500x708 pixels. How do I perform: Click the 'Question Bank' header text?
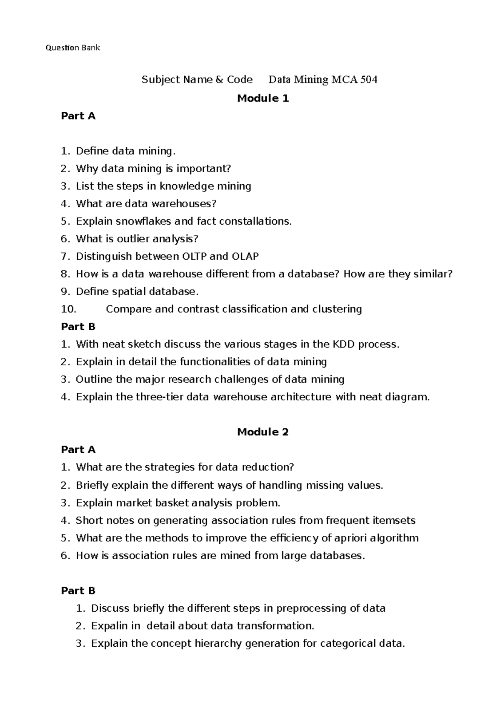click(72, 48)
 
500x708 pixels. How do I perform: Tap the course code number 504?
click(369, 80)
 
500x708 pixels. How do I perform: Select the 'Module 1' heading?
click(263, 98)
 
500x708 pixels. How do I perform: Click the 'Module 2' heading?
click(263, 432)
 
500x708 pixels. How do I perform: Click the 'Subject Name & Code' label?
click(197, 80)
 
